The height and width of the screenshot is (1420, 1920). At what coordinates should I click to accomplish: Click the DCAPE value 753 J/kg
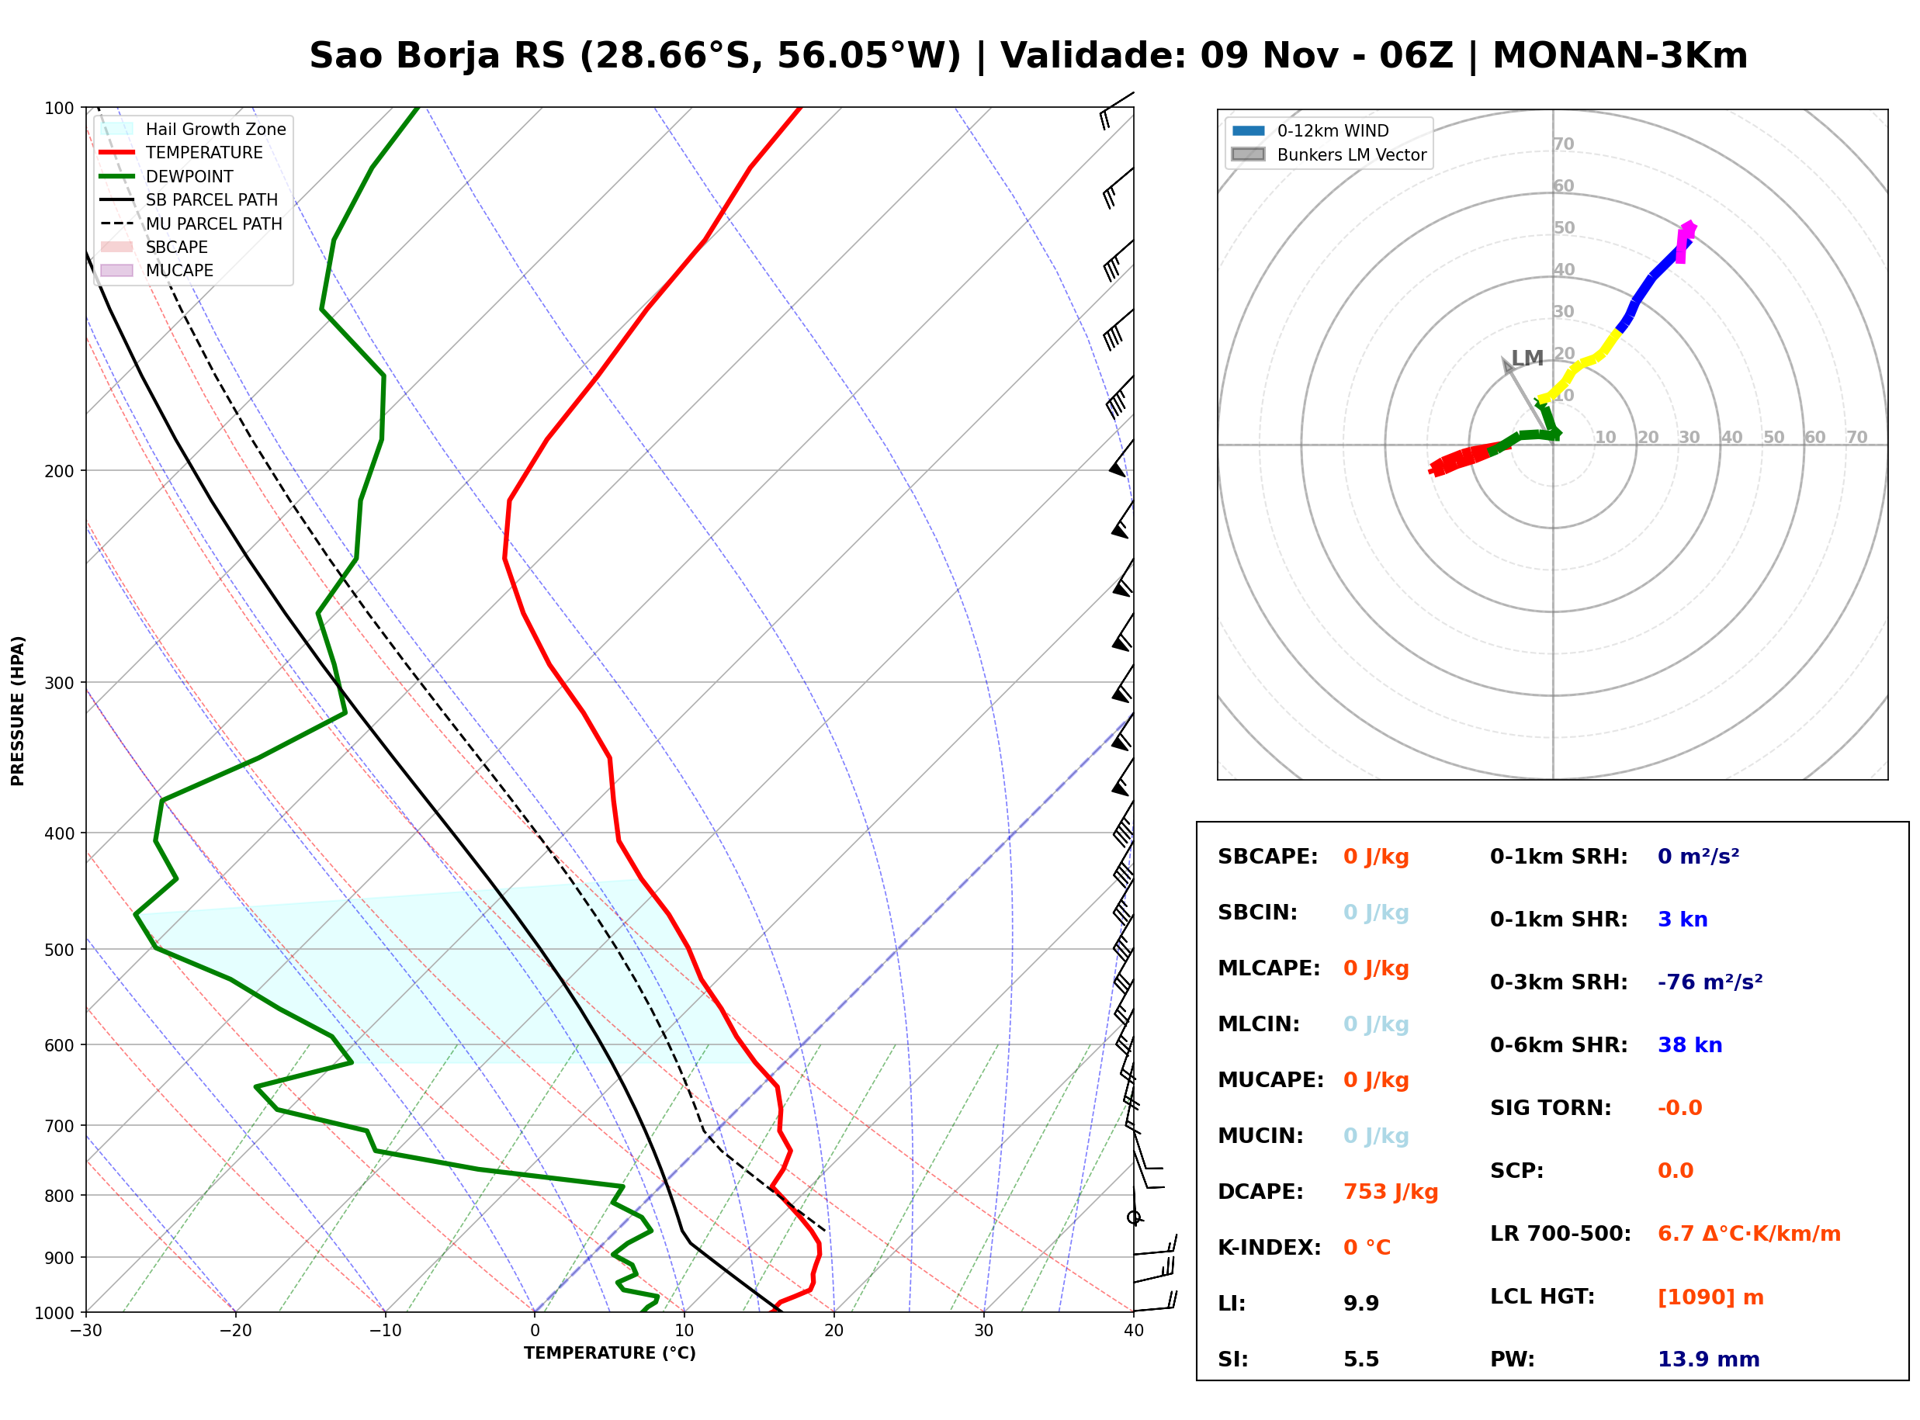click(1390, 1191)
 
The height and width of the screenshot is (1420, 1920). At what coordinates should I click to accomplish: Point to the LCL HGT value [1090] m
click(1710, 1297)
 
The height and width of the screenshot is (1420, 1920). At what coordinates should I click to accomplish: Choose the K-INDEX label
click(1269, 1247)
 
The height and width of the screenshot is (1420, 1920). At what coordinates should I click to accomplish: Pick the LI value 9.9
click(1360, 1303)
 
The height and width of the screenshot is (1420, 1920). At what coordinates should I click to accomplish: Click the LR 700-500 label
click(1559, 1234)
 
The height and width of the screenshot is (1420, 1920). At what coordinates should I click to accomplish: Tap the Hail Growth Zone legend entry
click(193, 129)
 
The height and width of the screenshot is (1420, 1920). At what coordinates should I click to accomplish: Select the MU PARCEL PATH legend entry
click(192, 223)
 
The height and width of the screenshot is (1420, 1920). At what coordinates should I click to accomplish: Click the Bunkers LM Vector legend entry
click(1329, 154)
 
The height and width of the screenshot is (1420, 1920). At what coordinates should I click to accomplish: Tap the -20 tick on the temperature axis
click(234, 1331)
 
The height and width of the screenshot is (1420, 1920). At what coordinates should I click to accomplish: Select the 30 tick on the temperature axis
click(983, 1331)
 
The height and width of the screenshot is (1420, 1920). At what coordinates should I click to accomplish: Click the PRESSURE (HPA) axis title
click(17, 711)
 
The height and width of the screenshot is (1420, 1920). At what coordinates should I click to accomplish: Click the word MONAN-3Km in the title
click(1620, 56)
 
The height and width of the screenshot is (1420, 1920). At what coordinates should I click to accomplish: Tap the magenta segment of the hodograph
click(1686, 241)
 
